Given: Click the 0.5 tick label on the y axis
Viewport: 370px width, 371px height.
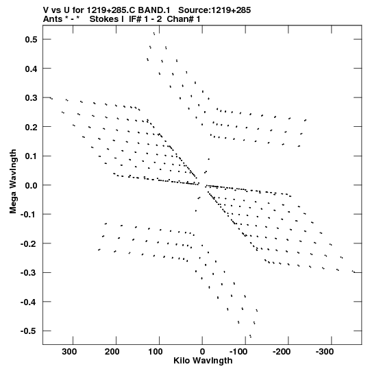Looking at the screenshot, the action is click(32, 39).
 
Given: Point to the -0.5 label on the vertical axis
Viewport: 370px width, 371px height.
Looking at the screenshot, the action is click(29, 331).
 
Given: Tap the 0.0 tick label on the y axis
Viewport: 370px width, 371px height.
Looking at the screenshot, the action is click(32, 185).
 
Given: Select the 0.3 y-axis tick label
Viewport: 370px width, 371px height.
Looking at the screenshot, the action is click(32, 97).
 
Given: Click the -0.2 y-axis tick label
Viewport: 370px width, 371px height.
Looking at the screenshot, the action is click(29, 243).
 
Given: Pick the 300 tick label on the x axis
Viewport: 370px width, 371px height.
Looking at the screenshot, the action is click(69, 352).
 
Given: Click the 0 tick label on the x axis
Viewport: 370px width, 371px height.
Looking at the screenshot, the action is click(202, 352).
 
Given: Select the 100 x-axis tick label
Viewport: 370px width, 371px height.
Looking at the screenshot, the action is click(156, 352).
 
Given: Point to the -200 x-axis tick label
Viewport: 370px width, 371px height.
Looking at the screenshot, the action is click(282, 352).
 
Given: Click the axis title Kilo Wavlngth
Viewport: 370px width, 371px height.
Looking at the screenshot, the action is click(203, 361).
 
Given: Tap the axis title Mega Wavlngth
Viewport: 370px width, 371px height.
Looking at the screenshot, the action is click(13, 182).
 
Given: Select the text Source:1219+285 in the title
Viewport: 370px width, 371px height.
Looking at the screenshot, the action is click(214, 10).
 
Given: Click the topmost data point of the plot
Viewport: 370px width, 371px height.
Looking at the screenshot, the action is click(154, 34).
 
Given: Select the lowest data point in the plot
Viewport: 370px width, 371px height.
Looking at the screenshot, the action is click(250, 336).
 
